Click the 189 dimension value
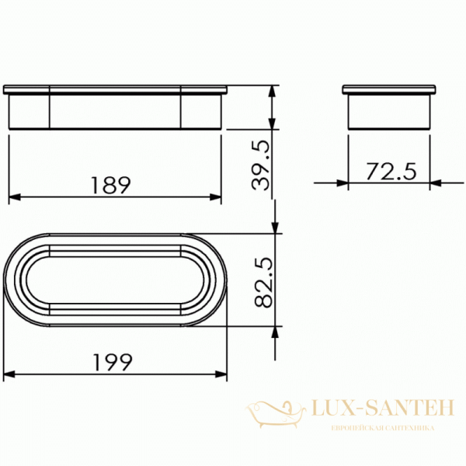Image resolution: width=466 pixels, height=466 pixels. (x=110, y=185)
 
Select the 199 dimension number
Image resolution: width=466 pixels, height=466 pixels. (x=112, y=362)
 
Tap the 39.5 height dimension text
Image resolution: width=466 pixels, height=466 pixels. (x=261, y=165)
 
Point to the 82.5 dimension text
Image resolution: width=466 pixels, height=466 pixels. (x=263, y=282)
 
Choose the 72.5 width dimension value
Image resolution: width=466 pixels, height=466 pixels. (x=391, y=172)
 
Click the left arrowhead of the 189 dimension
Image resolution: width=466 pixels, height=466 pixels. (x=15, y=196)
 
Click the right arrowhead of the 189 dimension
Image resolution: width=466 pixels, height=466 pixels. (x=215, y=196)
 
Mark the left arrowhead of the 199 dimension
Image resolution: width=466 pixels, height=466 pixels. (x=9, y=374)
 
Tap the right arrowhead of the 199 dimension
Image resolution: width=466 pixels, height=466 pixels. (x=221, y=374)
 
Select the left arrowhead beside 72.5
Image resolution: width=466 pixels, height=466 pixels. (x=343, y=183)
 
